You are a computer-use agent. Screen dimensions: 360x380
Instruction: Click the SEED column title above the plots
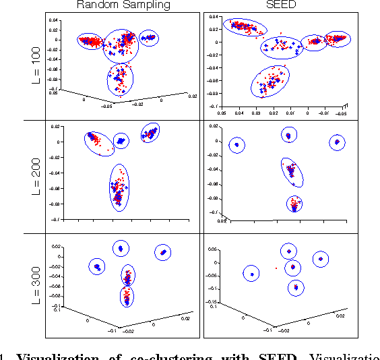[x=291, y=5]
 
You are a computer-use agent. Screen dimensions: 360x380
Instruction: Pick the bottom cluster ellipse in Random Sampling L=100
[x=120, y=78]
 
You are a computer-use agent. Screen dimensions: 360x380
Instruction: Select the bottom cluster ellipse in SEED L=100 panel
[x=270, y=82]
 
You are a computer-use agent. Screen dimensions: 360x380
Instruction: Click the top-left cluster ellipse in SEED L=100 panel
[x=244, y=27]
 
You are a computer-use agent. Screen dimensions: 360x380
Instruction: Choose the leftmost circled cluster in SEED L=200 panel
[x=237, y=145]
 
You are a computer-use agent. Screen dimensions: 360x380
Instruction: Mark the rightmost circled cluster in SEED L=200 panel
[x=338, y=142]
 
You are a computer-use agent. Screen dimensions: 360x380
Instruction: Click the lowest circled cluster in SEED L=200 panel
[x=294, y=204]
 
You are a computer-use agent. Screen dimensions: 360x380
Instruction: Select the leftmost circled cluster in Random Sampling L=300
[x=98, y=267]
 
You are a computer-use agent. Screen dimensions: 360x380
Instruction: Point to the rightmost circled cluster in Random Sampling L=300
[x=163, y=252]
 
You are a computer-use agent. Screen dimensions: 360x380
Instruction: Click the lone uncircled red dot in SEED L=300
[x=276, y=268]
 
